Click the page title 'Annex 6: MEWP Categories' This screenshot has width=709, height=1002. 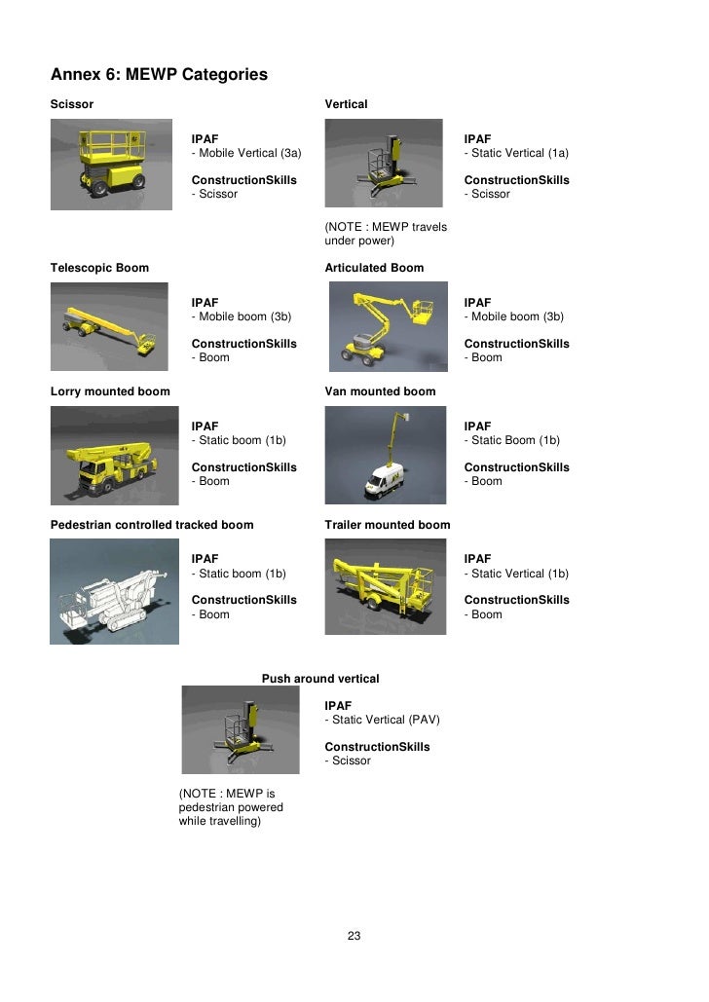pos(159,75)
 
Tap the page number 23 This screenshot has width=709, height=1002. pos(354,936)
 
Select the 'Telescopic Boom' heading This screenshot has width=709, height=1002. pos(99,268)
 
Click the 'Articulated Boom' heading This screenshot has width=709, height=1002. pos(374,268)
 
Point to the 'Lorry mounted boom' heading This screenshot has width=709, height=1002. pos(110,391)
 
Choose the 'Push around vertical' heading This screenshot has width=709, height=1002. pos(320,679)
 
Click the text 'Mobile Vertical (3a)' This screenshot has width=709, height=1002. pos(250,153)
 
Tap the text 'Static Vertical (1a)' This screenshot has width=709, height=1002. pos(520,153)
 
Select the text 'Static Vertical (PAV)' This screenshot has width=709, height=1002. pos(386,720)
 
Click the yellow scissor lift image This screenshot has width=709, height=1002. pos(111,165)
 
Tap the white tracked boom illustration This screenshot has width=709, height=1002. pos(115,592)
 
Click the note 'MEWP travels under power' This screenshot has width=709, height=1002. pos(386,234)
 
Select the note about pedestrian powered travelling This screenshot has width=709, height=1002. pos(231,807)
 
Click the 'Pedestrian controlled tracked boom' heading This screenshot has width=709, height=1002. pos(152,525)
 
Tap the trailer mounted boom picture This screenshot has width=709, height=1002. pos(386,586)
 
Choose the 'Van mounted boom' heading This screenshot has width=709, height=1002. pos(381,391)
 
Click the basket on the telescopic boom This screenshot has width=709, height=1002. pos(147,344)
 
